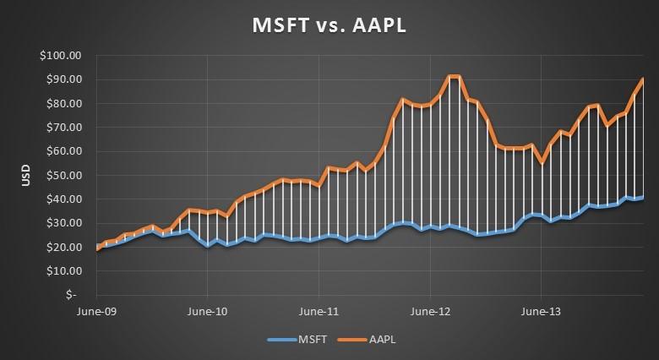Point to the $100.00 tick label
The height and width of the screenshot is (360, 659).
tap(62, 56)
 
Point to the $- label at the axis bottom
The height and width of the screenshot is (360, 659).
tap(74, 295)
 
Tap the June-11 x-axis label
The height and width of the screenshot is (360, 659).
tap(319, 310)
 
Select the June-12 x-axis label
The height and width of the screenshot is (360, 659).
tap(430, 310)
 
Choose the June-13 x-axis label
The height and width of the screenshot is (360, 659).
tap(541, 310)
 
